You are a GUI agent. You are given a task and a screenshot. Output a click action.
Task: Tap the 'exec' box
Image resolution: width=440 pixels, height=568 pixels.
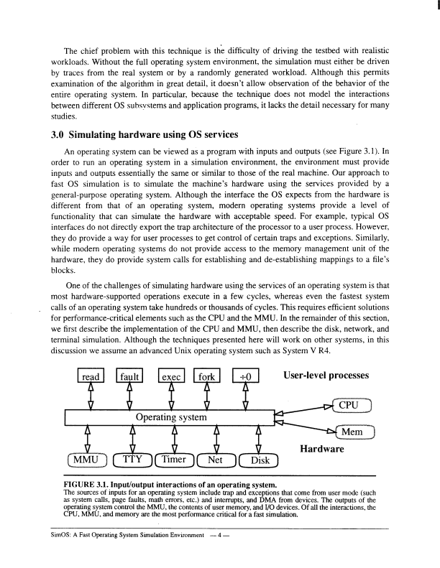pos(171,376)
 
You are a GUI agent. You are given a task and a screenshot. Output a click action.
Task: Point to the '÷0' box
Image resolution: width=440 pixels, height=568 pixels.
pos(245,376)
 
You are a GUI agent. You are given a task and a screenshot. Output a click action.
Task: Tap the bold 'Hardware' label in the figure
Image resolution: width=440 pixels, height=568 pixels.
pos(321,450)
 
